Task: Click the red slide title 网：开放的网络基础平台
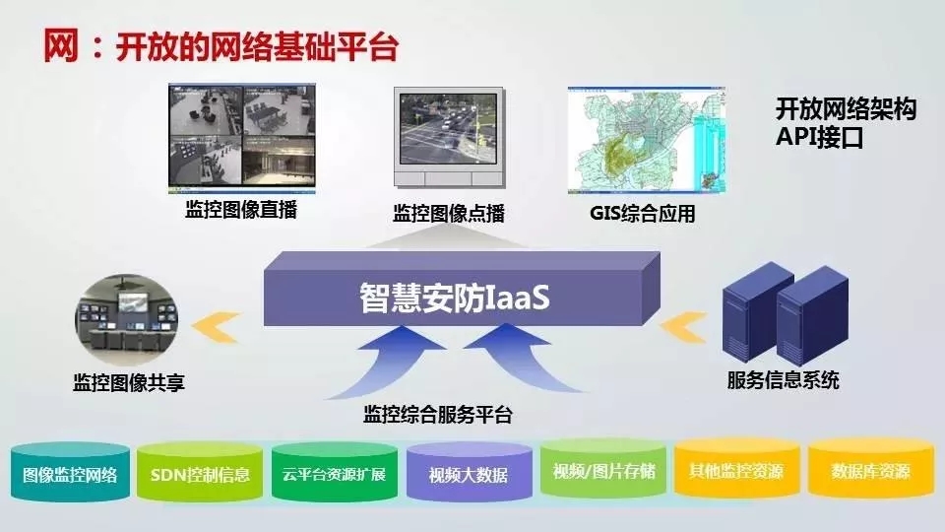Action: point(220,46)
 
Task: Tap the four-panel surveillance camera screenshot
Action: point(242,138)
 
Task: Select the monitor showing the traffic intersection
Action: point(449,138)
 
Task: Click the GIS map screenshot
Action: point(646,140)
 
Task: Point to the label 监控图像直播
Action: point(241,209)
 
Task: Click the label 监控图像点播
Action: point(449,213)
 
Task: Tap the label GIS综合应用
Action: point(643,213)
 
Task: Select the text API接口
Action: point(819,137)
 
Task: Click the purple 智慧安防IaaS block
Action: point(462,290)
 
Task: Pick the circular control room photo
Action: point(127,319)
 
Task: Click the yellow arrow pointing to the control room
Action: point(217,327)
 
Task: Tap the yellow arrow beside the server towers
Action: point(683,327)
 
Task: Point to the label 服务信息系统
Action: point(783,380)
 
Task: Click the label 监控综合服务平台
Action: point(437,415)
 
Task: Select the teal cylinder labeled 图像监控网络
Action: point(71,472)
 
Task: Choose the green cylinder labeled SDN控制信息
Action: point(200,472)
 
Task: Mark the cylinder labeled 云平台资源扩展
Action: point(335,472)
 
